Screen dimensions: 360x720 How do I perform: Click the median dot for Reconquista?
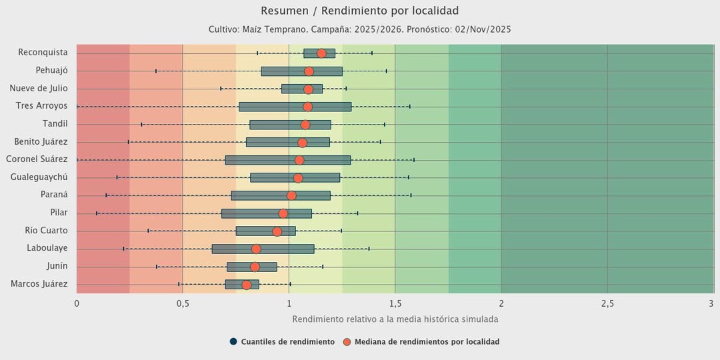tap(321, 53)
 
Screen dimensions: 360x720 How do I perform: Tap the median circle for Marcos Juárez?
tap(247, 285)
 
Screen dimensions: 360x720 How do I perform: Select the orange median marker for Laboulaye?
tap(256, 249)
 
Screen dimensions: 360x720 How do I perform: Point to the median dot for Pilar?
tap(283, 213)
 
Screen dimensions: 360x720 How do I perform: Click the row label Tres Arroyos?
tap(41, 106)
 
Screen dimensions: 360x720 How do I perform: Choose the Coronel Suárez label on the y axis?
tap(37, 159)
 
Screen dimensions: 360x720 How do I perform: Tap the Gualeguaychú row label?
tap(39, 177)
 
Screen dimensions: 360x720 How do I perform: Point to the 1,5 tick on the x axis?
tap(395, 303)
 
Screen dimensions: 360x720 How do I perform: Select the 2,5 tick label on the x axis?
tap(607, 303)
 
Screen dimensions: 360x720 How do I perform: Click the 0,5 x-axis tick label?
tap(183, 303)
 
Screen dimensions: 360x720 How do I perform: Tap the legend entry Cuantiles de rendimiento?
tap(287, 342)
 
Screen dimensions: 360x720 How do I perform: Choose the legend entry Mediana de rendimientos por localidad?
tap(427, 342)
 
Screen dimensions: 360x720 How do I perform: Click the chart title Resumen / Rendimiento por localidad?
tap(360, 11)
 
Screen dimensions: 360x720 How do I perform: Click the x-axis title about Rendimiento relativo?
tap(395, 319)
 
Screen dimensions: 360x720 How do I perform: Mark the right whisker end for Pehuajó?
tap(386, 71)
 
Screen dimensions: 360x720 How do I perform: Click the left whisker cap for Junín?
tap(157, 267)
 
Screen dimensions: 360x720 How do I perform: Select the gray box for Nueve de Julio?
tap(293, 89)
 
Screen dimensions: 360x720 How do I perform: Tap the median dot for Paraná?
tap(291, 195)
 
